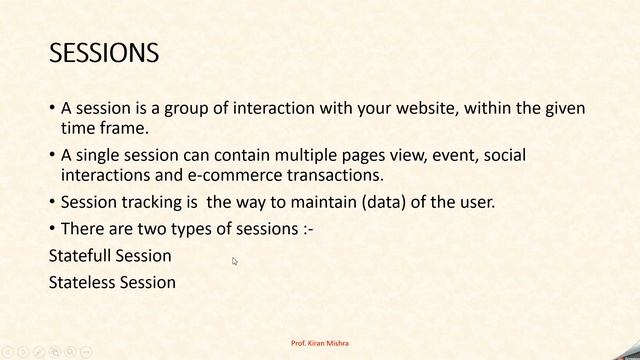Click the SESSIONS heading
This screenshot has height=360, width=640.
coord(104,52)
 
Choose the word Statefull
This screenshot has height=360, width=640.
coord(80,256)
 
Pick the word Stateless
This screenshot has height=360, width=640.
coord(82,282)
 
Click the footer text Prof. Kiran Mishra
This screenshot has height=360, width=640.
coord(320,344)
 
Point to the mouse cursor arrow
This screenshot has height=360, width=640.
coord(235,262)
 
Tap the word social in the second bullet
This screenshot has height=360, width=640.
coord(503,156)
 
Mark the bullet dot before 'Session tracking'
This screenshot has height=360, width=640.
coord(52,203)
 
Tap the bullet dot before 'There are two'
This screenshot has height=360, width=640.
coord(52,229)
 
